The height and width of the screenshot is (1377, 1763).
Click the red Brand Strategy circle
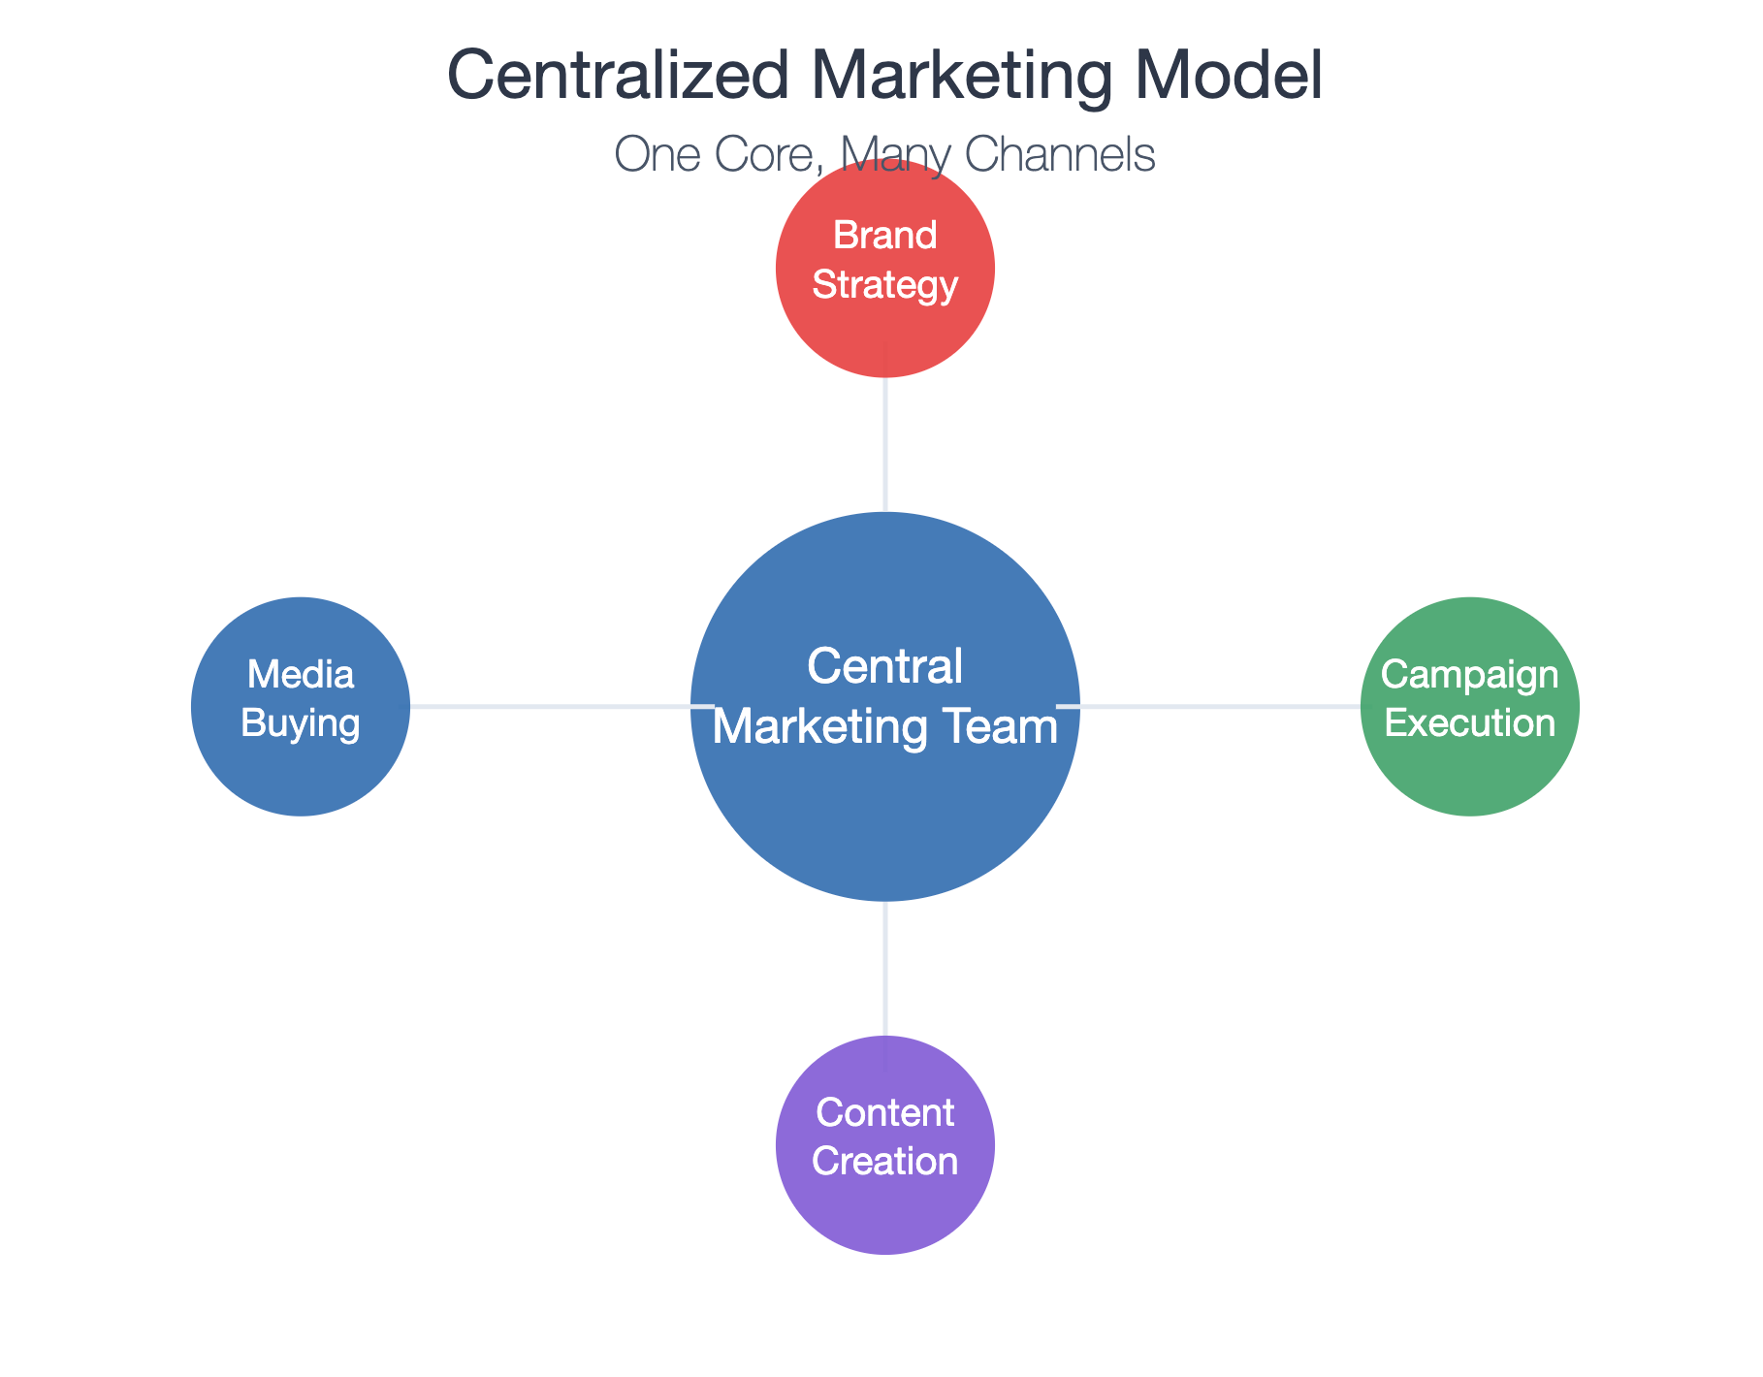pos(884,268)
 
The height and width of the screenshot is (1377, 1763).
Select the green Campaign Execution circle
pos(1469,706)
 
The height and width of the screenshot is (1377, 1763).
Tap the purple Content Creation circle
pos(884,1144)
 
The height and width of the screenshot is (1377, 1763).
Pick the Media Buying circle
pos(301,706)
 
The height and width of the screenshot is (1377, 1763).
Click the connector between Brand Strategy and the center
pos(884,444)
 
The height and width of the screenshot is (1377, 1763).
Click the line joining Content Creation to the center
pos(884,968)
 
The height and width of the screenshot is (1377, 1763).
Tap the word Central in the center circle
pos(884,667)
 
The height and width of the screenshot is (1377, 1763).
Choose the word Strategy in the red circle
pos(884,287)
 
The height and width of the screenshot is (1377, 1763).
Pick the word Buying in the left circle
pos(301,724)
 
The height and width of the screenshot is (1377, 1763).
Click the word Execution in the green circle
pos(1469,723)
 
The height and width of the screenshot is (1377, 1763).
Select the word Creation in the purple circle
pos(884,1162)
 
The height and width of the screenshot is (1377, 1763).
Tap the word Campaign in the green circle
pos(1469,676)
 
